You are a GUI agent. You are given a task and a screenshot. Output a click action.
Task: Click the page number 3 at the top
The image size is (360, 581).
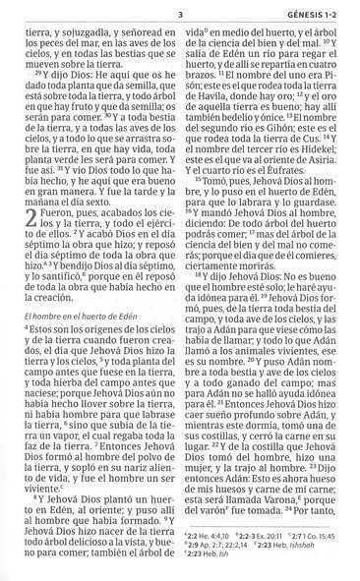click(181, 13)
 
